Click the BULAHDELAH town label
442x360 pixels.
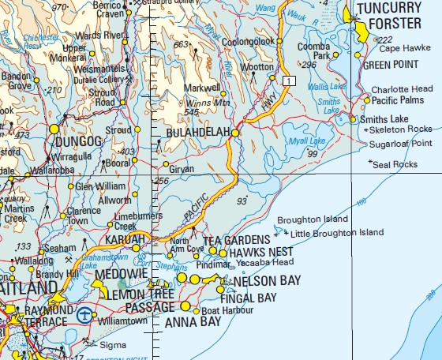[x=197, y=133]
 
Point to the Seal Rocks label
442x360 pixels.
[x=396, y=164]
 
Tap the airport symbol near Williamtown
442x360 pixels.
[x=84, y=316]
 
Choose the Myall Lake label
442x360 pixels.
[x=308, y=141]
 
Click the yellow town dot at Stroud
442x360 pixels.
[x=137, y=129]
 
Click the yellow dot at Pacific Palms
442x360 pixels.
[x=367, y=100]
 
